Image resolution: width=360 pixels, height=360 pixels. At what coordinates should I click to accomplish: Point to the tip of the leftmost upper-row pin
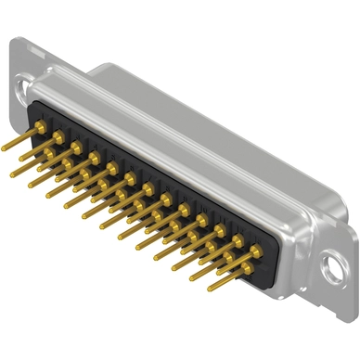4,148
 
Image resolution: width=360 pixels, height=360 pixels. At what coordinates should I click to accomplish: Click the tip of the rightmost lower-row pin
211,289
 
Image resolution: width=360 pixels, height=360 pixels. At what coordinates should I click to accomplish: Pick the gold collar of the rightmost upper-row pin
255,251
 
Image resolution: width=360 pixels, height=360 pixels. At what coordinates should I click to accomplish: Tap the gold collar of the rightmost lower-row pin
247,269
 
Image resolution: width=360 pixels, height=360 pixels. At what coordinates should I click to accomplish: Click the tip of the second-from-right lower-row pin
192,278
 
